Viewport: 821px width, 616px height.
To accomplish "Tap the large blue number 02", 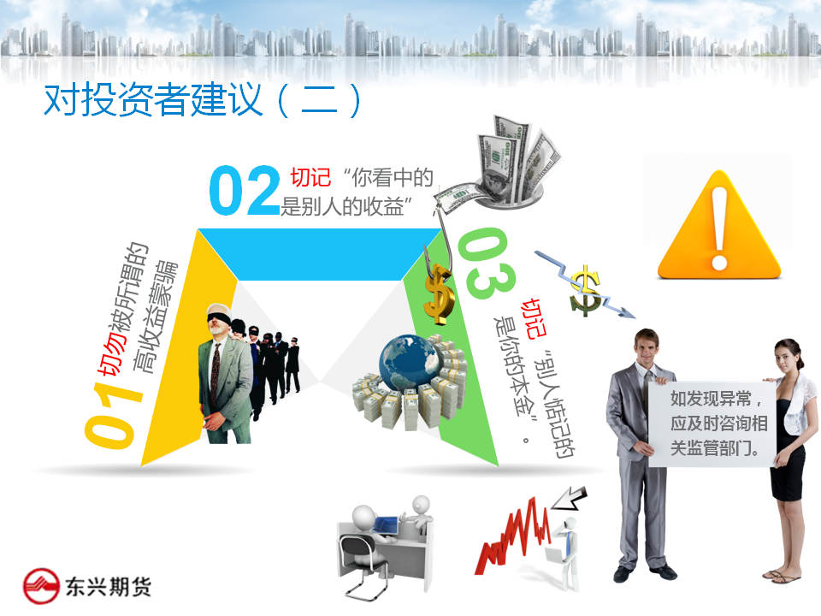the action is [x=245, y=191].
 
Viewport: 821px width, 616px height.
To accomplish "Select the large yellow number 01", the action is [x=113, y=415].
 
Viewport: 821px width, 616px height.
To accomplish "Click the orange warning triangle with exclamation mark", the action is [x=719, y=225].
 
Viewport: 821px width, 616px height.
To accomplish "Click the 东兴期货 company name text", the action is [x=109, y=586].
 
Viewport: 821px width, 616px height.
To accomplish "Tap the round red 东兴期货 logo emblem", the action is [x=41, y=586].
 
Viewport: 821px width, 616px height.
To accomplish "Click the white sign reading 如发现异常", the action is [x=712, y=423].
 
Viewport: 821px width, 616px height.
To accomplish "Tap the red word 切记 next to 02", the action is [x=311, y=177].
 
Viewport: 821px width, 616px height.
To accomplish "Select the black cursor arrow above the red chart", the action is [x=570, y=498].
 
